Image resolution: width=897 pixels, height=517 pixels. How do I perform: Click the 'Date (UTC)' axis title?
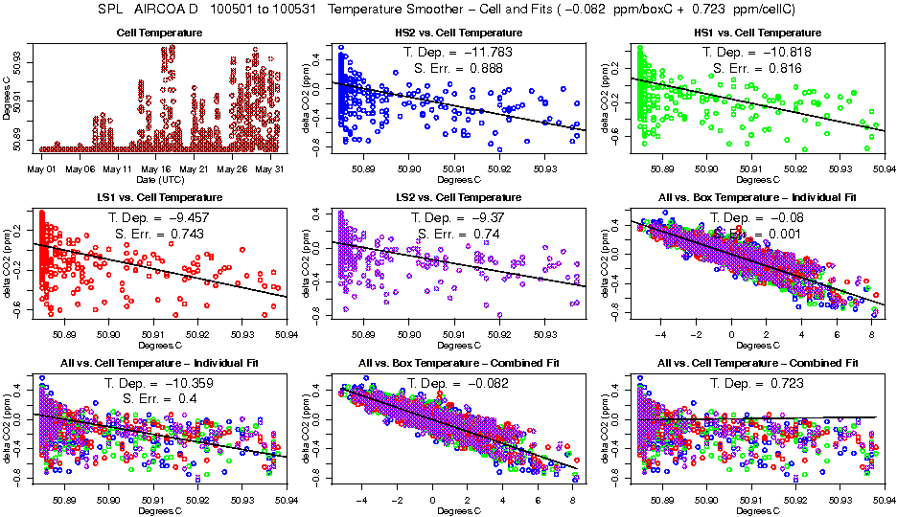click(157, 179)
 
